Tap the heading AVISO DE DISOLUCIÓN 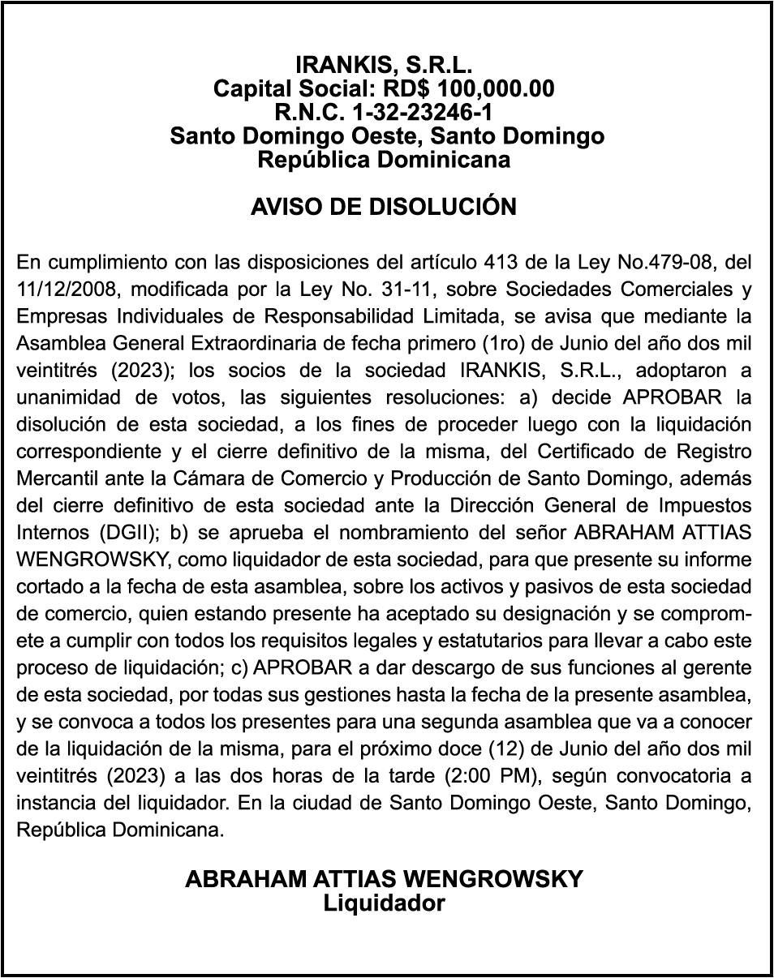384,207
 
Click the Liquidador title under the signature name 384,903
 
